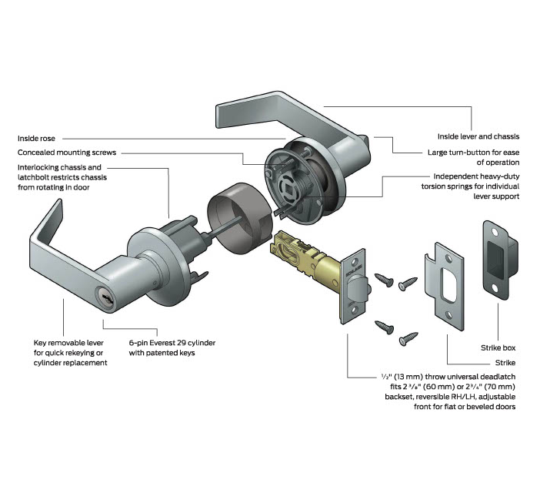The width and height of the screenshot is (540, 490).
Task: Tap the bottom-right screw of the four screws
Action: click(408, 337)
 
